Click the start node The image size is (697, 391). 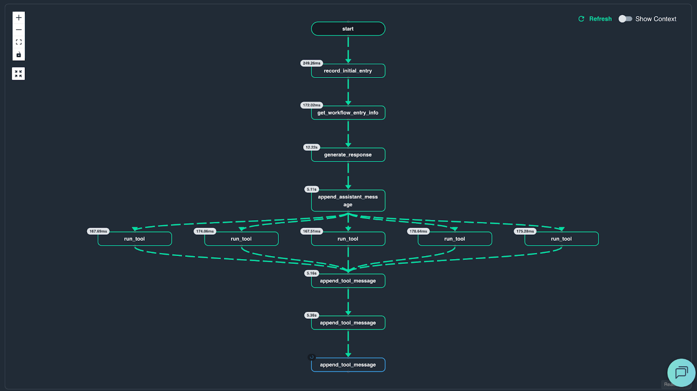coord(348,29)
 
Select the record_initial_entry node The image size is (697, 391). coord(348,71)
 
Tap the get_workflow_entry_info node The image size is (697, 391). coord(348,113)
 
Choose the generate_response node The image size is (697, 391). coord(348,155)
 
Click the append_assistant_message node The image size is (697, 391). coord(348,201)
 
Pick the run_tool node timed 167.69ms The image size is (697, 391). coord(135,239)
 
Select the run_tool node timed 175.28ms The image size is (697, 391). coord(562,239)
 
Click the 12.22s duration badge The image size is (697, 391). coord(311,147)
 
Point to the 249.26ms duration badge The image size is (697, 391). coord(311,63)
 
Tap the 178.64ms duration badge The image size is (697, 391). coord(418,231)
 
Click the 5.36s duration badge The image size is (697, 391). coord(311,315)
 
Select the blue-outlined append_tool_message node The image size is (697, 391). coord(348,365)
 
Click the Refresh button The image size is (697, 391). coord(595,19)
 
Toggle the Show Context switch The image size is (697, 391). coord(625,19)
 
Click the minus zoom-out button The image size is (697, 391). coord(19,30)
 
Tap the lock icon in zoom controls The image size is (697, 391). coord(19,54)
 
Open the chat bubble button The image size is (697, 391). coord(681,373)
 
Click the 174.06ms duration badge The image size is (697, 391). coord(205,231)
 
